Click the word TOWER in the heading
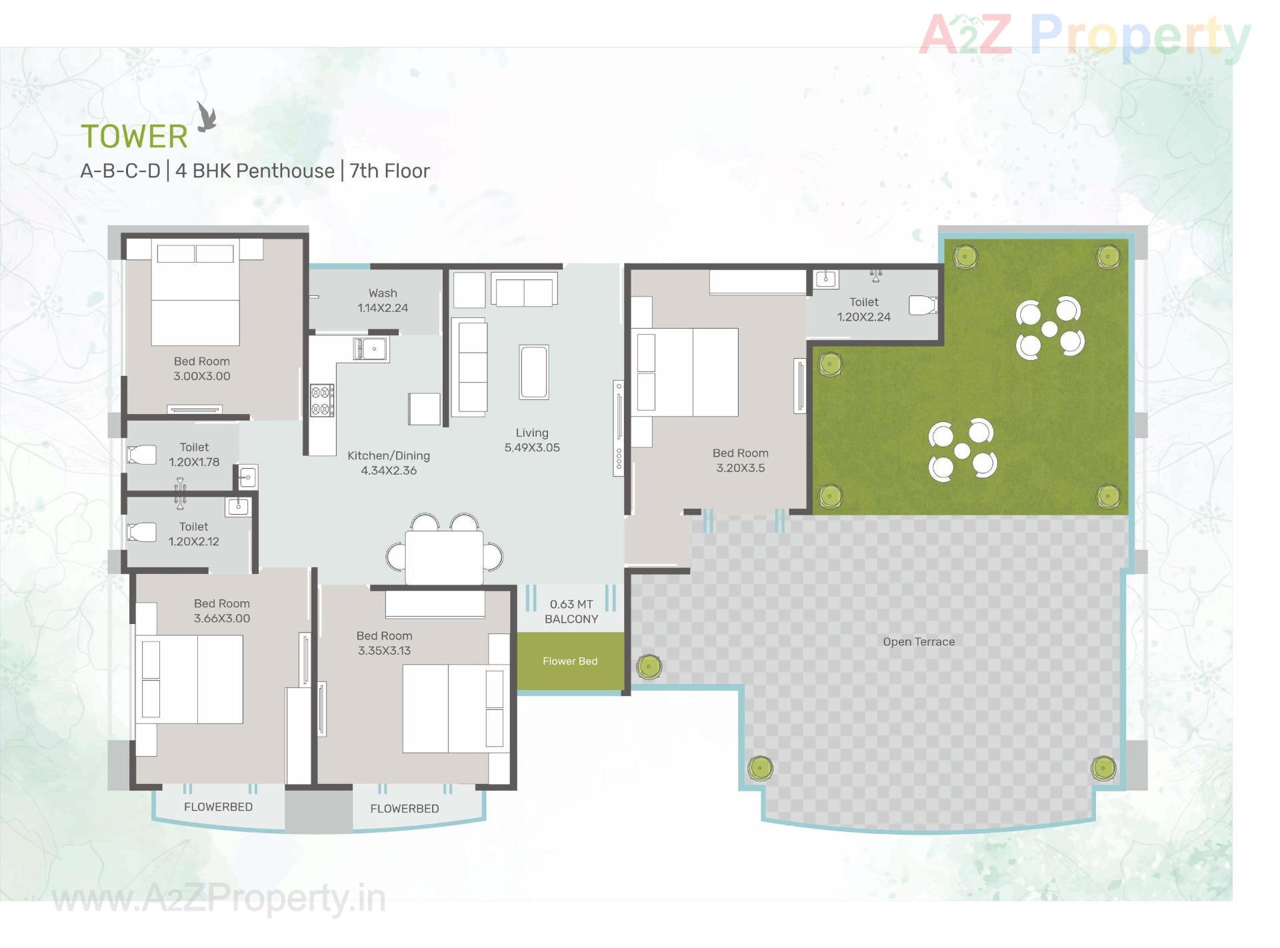135,137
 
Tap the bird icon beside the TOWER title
207,117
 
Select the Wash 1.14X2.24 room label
383,301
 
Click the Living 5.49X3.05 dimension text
532,441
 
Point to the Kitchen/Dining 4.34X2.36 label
389,463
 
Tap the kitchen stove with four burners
322,401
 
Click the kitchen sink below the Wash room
370,349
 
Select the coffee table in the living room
534,372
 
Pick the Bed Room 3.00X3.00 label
202,369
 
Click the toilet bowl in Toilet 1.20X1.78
142,455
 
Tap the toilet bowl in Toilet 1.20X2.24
923,305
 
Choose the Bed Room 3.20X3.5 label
740,461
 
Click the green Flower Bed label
570,661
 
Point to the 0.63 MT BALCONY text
571,611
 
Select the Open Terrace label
919,642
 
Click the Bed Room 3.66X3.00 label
222,611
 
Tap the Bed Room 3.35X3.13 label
385,643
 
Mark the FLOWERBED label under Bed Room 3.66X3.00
218,807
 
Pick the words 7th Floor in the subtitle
390,171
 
